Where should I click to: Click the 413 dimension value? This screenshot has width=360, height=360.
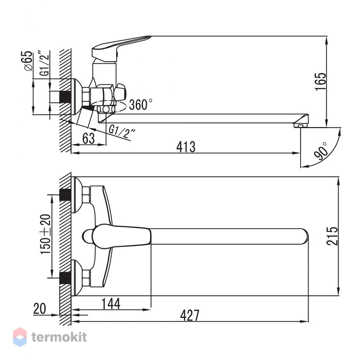click(186, 147)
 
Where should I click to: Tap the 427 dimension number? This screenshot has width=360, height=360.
click(190, 315)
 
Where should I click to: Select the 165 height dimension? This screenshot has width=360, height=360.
click(320, 82)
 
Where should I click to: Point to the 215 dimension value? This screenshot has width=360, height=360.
click(332, 236)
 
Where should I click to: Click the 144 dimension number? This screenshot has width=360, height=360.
click(111, 304)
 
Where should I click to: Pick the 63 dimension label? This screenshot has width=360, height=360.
click(88, 138)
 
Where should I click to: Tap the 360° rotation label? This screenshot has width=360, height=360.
click(140, 104)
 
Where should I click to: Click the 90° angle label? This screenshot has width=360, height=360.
click(320, 151)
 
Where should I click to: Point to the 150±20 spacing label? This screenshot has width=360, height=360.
click(45, 234)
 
